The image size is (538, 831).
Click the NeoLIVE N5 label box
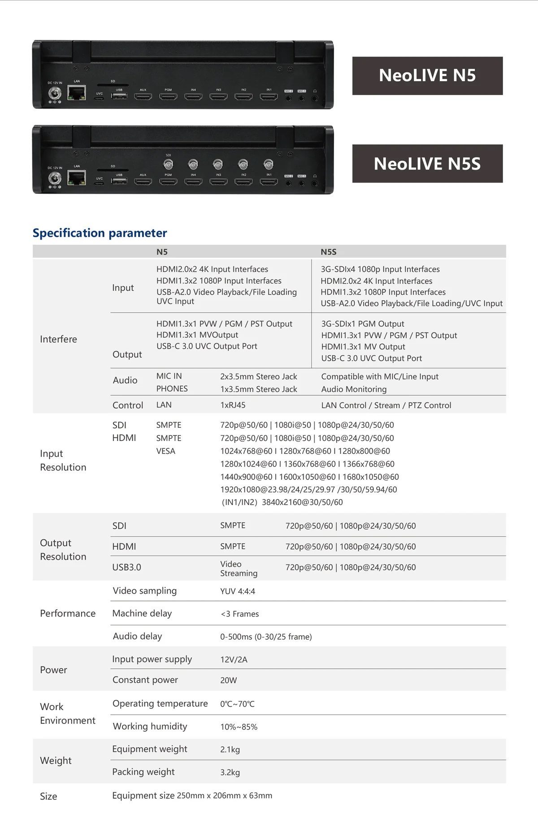pos(427,76)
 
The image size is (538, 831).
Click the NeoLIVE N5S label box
pos(427,164)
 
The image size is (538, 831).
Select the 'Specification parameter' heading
pos(100,233)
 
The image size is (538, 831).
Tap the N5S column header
pos(329,252)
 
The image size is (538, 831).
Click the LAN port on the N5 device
pos(77,93)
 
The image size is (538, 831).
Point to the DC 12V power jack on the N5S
pos(55,179)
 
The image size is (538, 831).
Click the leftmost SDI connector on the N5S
pos(168,164)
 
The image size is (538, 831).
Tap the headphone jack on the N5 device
pos(315,98)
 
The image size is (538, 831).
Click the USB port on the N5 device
pos(119,96)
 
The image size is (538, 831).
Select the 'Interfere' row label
pos(58,339)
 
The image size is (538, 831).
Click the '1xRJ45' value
pos(233,405)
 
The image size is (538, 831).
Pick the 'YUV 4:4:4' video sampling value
pos(238,591)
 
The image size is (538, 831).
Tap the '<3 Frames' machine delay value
pos(239,614)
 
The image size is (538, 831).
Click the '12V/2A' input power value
pos(234,660)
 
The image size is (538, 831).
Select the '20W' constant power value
pos(229,680)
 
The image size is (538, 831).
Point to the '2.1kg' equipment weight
pos(230,749)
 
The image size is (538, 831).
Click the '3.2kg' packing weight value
pos(230,772)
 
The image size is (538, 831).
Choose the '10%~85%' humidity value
pos(239,727)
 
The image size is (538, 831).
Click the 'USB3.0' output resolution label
pos(126,567)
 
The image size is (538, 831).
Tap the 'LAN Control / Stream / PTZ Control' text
pos(386,405)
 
